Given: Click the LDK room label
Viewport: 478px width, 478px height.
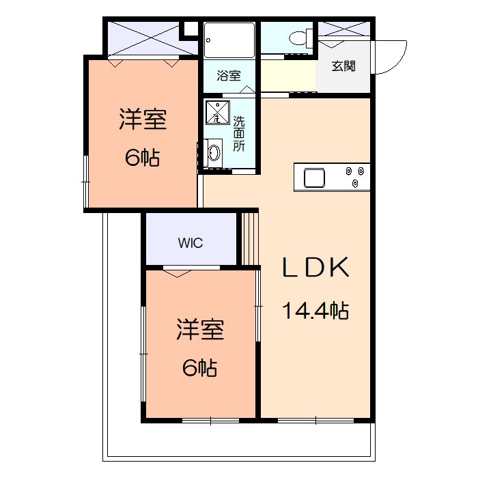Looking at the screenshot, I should [x=316, y=267].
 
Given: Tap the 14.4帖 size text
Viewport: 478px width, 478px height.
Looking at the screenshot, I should [x=316, y=311].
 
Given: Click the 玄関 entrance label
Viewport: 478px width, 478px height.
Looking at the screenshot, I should [x=343, y=66].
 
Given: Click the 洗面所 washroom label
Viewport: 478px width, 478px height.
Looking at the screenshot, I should [x=239, y=133].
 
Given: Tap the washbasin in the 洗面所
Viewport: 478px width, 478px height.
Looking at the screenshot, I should [x=214, y=152].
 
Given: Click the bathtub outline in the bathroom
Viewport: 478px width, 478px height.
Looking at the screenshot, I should [x=229, y=40].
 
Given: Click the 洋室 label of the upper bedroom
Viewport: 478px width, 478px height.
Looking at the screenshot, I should [x=143, y=120].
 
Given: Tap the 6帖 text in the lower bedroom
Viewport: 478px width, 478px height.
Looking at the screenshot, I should [x=200, y=368].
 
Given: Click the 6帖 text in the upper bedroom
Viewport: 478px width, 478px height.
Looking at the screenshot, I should [x=142, y=158].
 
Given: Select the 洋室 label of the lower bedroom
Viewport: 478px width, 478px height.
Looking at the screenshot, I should [x=200, y=331].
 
